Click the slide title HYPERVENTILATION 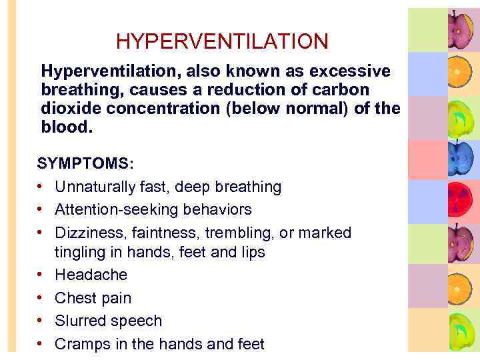coord(222,42)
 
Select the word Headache coord(91,275)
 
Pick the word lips coord(251,252)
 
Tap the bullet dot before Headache coord(41,275)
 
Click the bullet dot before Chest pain coord(41,298)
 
